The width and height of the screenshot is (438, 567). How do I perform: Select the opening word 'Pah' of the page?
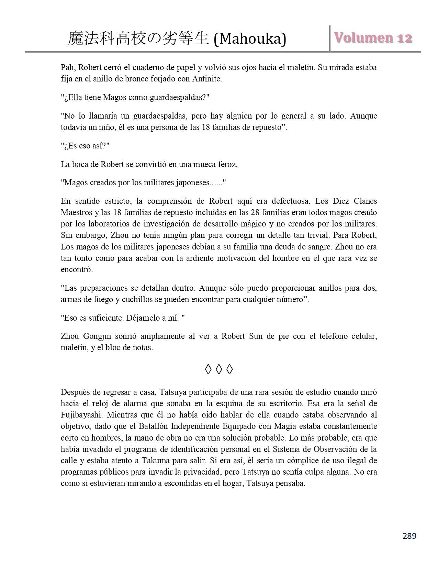pyautogui.click(x=67, y=67)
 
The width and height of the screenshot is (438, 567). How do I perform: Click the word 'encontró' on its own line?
pyautogui.click(x=76, y=269)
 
